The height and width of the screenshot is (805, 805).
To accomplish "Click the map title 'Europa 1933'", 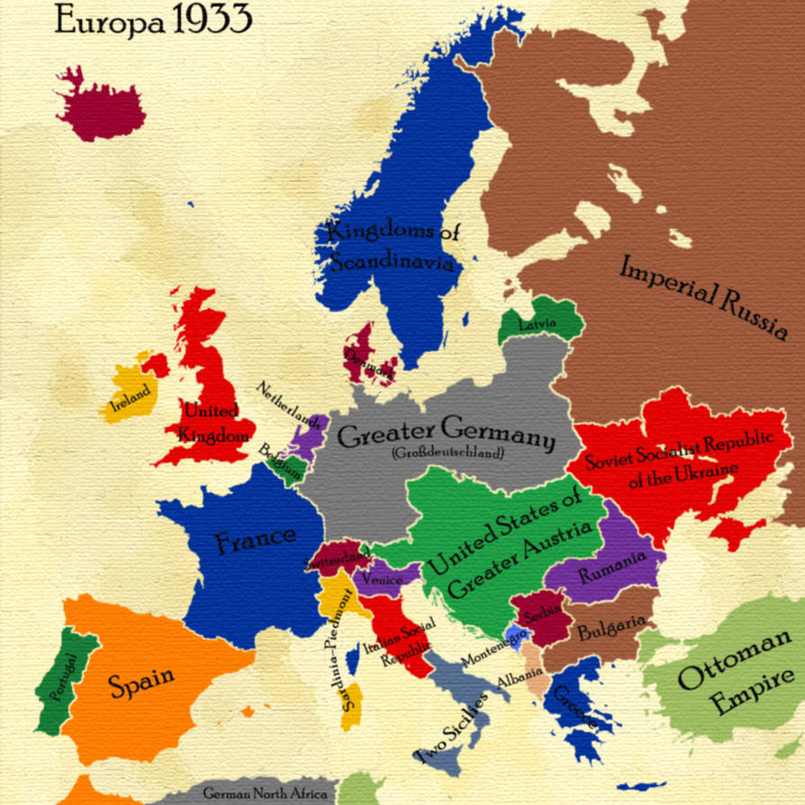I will coord(153,20).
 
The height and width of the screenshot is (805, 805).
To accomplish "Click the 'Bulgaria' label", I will coord(611,628).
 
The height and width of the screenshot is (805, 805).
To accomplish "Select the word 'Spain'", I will coord(142,683).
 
